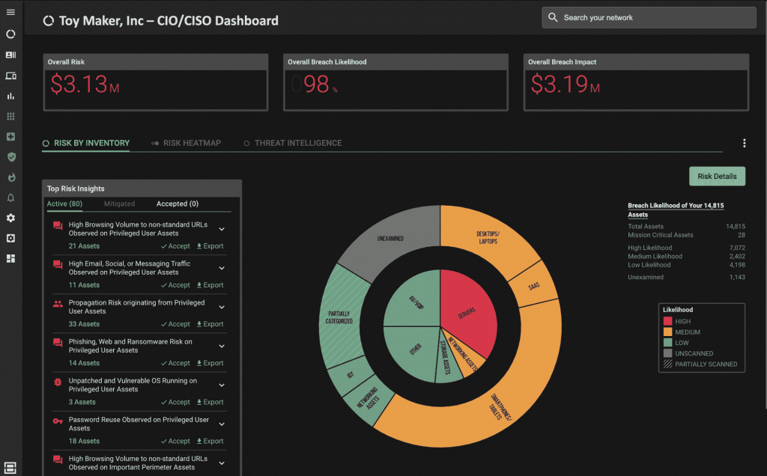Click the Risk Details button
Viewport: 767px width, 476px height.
pyautogui.click(x=717, y=177)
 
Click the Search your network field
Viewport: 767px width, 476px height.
pyautogui.click(x=649, y=17)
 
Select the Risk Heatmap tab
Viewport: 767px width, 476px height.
pyautogui.click(x=192, y=143)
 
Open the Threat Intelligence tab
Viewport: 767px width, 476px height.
pyautogui.click(x=297, y=143)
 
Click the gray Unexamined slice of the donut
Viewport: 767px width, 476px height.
pyautogui.click(x=390, y=239)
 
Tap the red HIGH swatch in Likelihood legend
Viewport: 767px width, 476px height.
pyautogui.click(x=668, y=322)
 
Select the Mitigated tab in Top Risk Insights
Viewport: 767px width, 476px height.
pyautogui.click(x=119, y=204)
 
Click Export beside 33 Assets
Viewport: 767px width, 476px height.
pyautogui.click(x=210, y=324)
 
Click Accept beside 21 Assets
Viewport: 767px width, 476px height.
pyautogui.click(x=175, y=246)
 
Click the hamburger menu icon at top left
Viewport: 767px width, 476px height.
pyautogui.click(x=10, y=13)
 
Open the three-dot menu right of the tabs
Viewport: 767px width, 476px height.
pyautogui.click(x=744, y=144)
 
